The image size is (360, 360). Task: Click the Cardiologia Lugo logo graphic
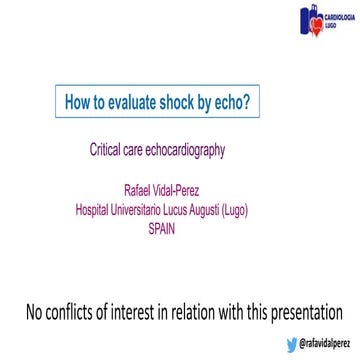click(310, 20)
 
